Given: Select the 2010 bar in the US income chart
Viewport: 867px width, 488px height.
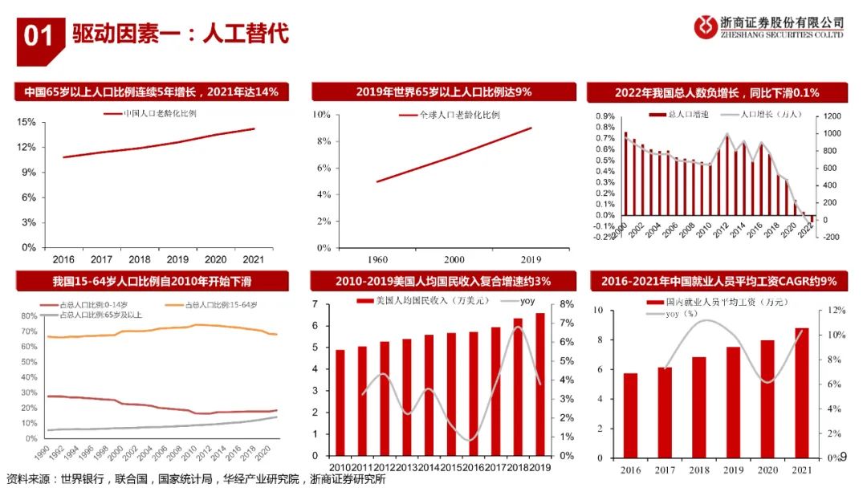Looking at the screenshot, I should click(x=340, y=402).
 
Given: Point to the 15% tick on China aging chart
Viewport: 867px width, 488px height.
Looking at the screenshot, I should click(x=26, y=122).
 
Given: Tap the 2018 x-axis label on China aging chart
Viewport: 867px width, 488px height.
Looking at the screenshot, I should click(x=140, y=260).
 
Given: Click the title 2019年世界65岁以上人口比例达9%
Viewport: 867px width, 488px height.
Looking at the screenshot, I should click(x=444, y=91).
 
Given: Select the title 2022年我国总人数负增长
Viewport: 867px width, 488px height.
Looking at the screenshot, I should click(x=717, y=92).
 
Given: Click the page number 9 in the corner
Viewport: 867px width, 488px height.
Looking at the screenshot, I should click(x=843, y=457).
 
